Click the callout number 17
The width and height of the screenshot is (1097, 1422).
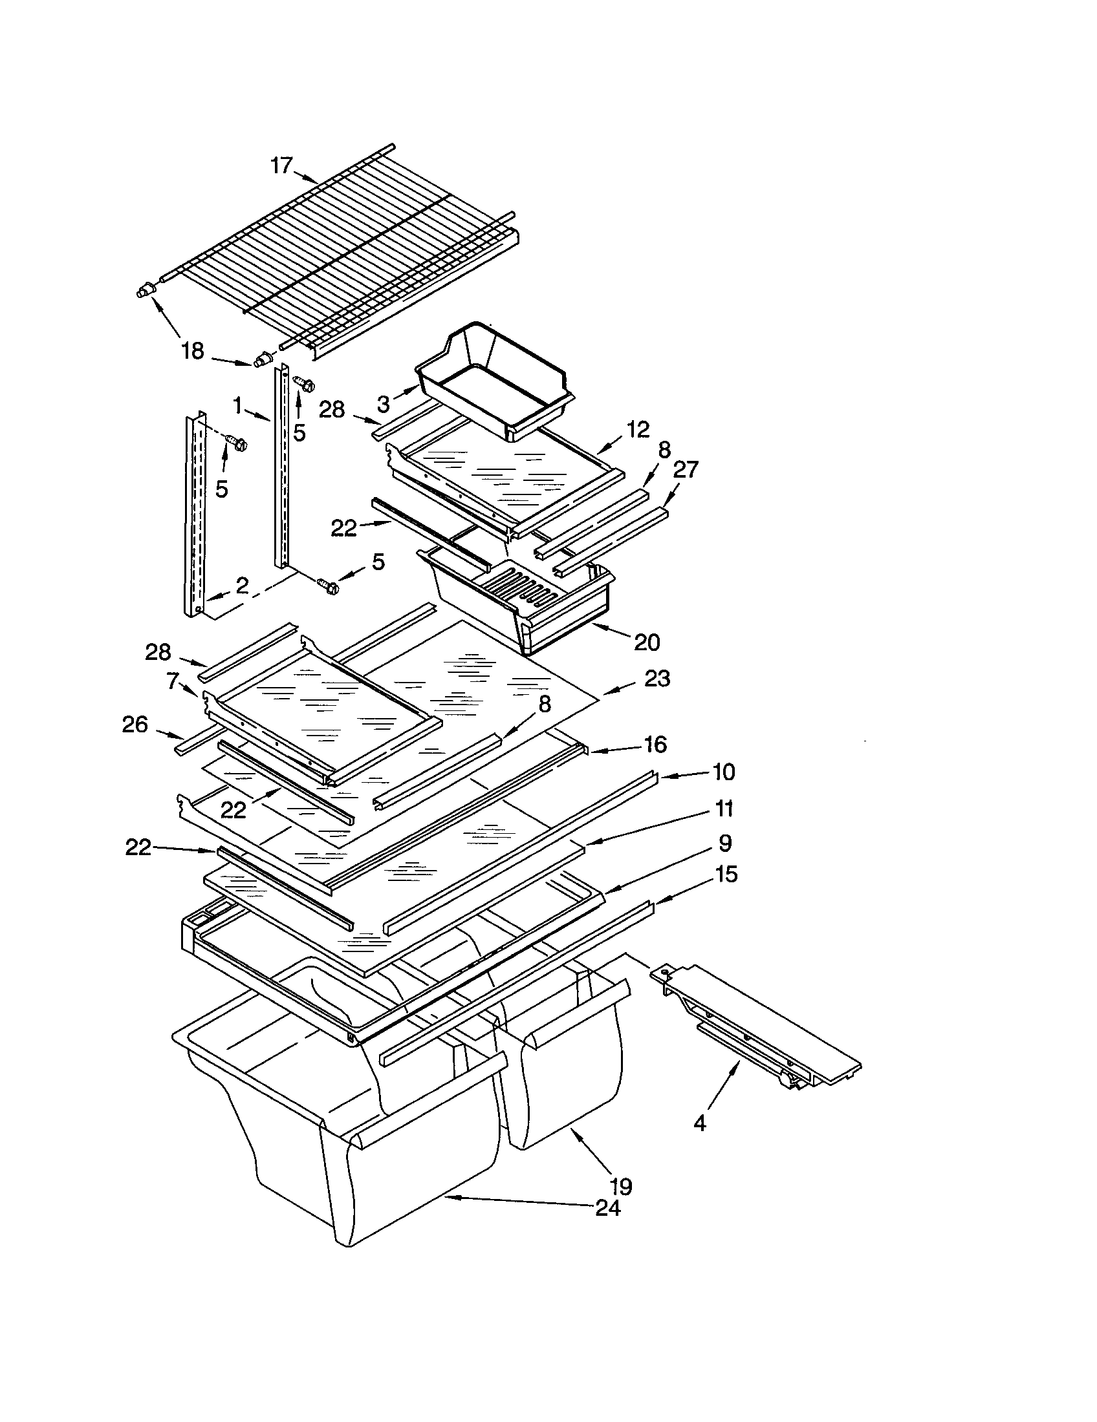pyautogui.click(x=281, y=166)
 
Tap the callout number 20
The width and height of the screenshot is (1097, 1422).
pyautogui.click(x=647, y=642)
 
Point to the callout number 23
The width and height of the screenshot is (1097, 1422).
pyautogui.click(x=657, y=679)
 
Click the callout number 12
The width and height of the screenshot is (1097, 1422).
pyautogui.click(x=638, y=429)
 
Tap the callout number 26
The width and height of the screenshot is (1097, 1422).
pyautogui.click(x=135, y=724)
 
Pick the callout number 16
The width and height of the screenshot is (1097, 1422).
pyautogui.click(x=655, y=744)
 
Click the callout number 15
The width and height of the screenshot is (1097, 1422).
pyautogui.click(x=726, y=874)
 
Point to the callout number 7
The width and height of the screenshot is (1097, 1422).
pyautogui.click(x=172, y=681)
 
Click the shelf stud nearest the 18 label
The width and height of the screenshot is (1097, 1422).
pyautogui.click(x=264, y=358)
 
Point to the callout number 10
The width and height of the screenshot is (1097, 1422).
pyautogui.click(x=724, y=772)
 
